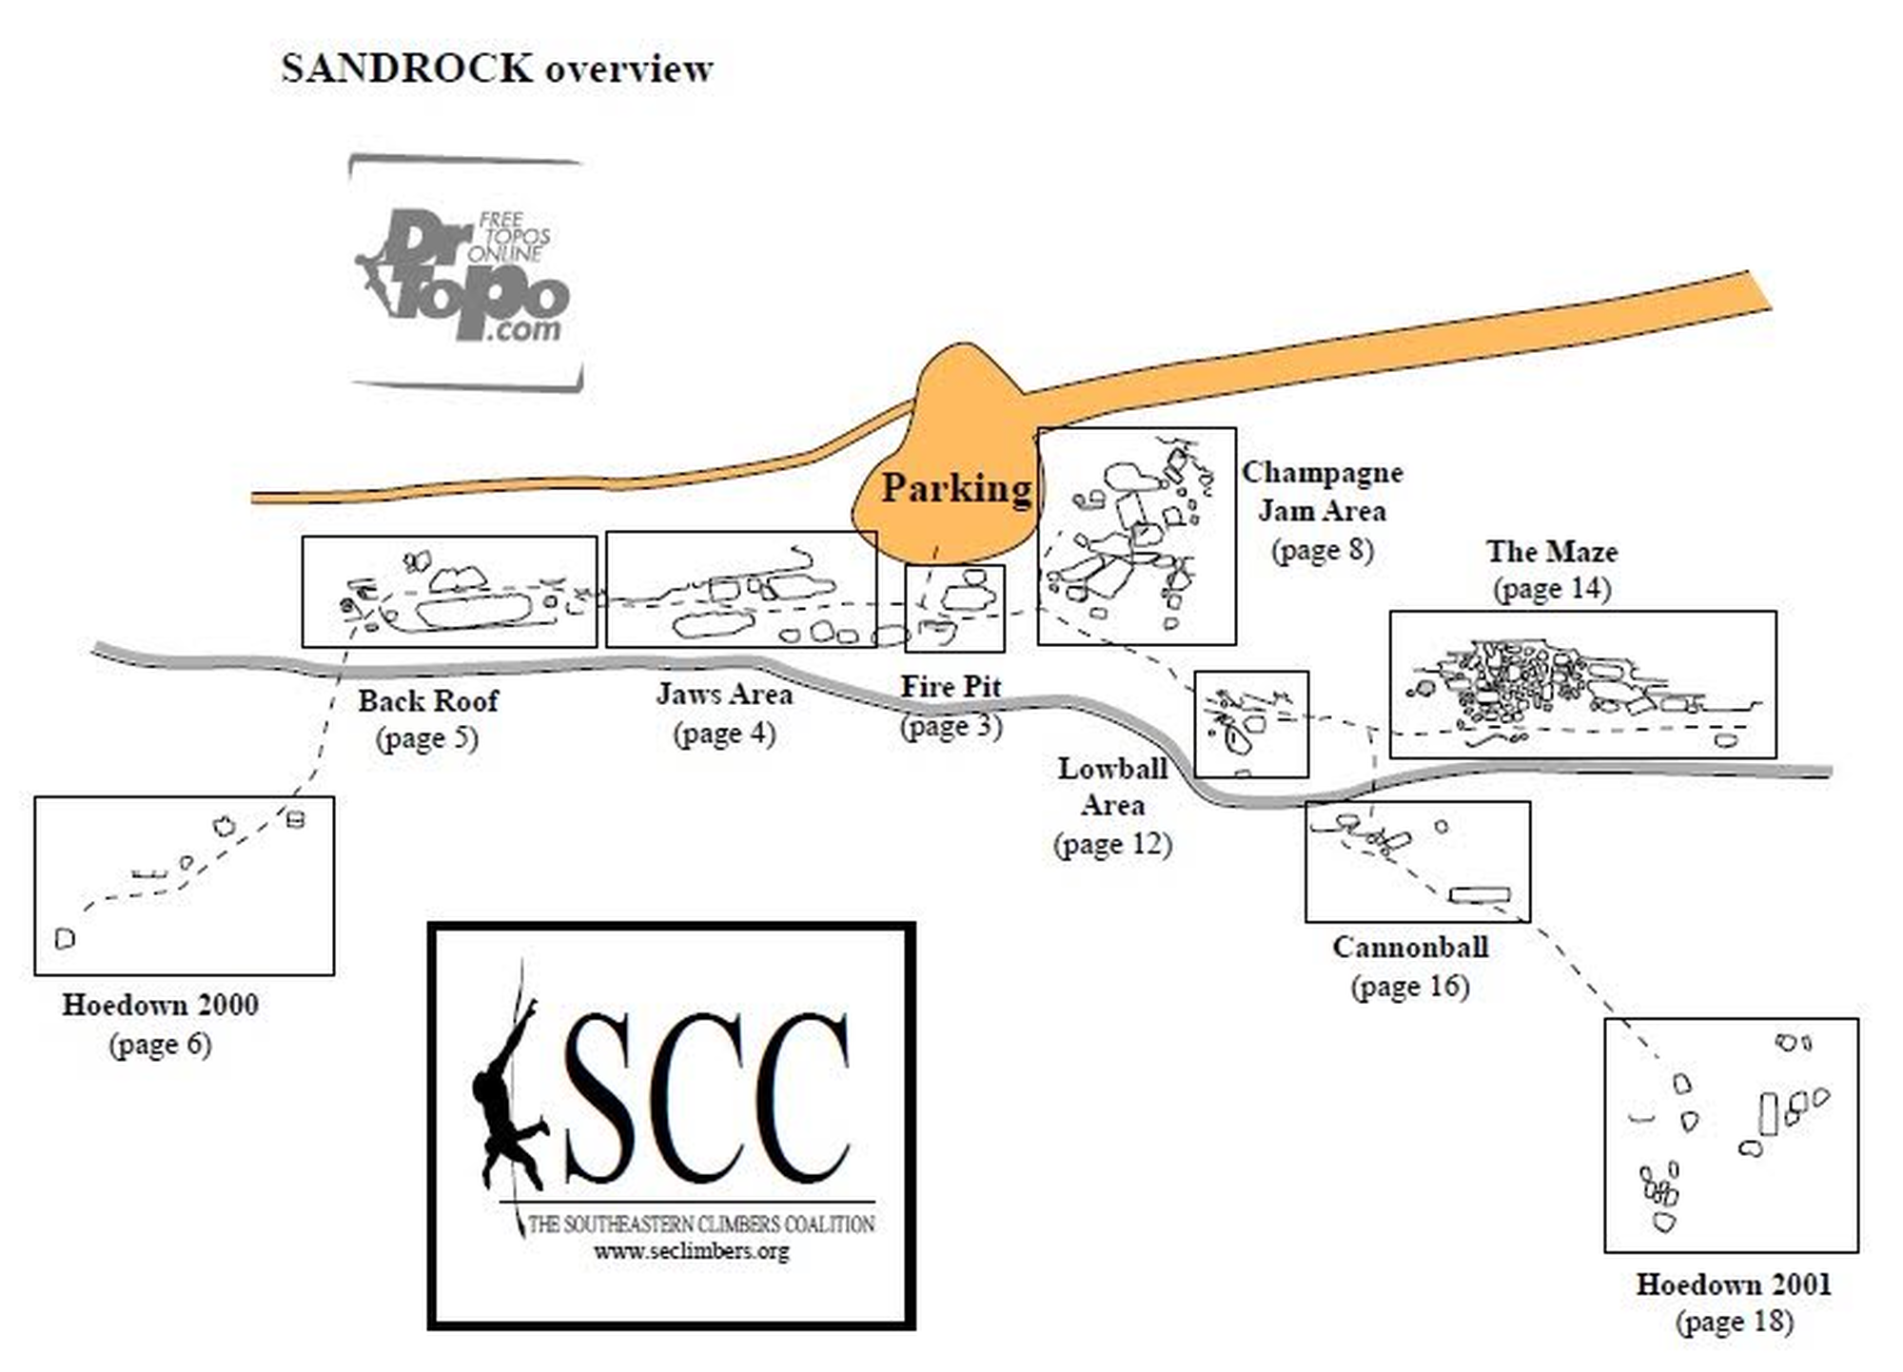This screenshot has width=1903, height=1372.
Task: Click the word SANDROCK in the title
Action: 406,69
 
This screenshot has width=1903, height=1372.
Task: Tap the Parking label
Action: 955,488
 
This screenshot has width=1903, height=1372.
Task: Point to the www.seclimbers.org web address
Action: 692,1251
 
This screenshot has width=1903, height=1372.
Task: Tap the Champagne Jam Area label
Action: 1322,492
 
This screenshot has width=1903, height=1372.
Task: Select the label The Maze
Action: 1551,552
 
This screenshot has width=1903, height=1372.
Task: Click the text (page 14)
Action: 1551,589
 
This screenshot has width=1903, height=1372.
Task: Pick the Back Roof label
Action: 427,701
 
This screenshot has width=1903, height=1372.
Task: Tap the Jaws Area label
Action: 724,695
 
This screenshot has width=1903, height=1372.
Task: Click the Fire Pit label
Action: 951,686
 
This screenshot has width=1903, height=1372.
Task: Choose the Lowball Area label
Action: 1111,787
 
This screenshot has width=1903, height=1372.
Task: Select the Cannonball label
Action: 1409,948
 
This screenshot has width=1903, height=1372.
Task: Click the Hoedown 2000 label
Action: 160,1005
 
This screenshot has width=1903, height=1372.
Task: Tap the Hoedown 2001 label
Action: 1733,1284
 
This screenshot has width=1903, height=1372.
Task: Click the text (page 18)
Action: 1733,1322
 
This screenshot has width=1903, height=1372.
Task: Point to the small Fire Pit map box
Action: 954,609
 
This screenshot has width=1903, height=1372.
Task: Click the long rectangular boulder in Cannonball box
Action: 1479,894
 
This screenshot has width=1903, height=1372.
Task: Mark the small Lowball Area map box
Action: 1250,724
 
